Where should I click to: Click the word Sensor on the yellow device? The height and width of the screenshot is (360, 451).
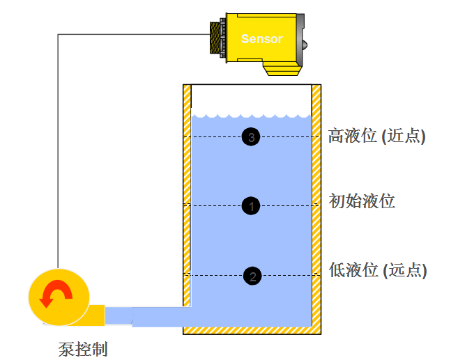261,39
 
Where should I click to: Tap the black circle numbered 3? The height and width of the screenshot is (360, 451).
252,136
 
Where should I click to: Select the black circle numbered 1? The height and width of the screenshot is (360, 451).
252,205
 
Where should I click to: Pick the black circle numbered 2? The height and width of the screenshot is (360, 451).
252,276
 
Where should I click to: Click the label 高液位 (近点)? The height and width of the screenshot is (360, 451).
376,136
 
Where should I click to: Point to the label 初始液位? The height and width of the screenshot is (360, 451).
362,202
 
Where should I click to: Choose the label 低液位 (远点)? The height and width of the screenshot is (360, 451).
377,270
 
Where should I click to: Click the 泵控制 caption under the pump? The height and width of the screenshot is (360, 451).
83,348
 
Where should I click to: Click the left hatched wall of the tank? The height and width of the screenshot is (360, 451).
187,195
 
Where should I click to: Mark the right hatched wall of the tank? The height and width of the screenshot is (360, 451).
316,209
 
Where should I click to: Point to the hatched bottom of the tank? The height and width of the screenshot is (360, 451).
251,330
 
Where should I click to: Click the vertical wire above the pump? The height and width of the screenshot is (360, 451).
58,153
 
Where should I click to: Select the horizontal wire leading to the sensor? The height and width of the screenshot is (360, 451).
132,33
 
